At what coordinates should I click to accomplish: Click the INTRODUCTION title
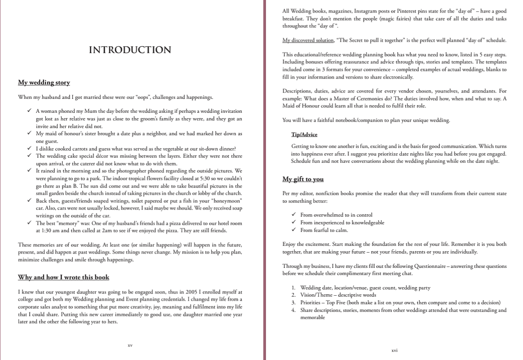pyautogui.click(x=130, y=50)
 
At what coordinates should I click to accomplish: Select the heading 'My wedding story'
pyautogui.click(x=44, y=82)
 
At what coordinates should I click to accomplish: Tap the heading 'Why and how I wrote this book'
pyautogui.click(x=63, y=277)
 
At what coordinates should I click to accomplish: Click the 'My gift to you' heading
pyautogui.click(x=303, y=179)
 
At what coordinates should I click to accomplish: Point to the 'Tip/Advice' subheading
pyautogui.click(x=304, y=134)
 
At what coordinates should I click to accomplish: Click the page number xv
pyautogui.click(x=130, y=345)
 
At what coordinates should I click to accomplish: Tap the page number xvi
pyautogui.click(x=394, y=350)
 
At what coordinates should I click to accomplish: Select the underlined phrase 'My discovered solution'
pyautogui.click(x=308, y=40)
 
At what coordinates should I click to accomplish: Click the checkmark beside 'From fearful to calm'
pyautogui.click(x=293, y=230)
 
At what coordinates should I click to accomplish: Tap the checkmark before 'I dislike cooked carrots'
pyautogui.click(x=29, y=149)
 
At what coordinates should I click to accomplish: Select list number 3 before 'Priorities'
pyautogui.click(x=293, y=302)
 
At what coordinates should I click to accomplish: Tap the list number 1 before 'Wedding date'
pyautogui.click(x=293, y=288)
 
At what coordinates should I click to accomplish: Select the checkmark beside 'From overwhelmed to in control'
pyautogui.click(x=293, y=215)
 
